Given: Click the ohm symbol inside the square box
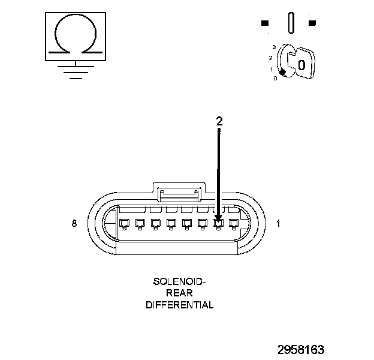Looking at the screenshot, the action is pos(74,35).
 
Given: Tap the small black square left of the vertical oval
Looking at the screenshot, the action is pos(265,23).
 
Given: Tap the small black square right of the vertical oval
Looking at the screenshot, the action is pos(312,23).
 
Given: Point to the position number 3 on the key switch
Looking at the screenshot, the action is pos(273,46).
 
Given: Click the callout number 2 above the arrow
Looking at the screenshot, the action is pos(219,121).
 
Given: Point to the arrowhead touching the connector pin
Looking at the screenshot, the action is pos(218,220).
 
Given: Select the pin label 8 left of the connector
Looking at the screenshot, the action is pos(74,224).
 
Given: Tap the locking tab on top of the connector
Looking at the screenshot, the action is pos(178,193).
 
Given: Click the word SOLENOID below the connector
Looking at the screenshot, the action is pos(179,281).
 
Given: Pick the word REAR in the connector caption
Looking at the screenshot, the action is pos(179,293).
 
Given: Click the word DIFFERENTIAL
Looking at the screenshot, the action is pos(179,305).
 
